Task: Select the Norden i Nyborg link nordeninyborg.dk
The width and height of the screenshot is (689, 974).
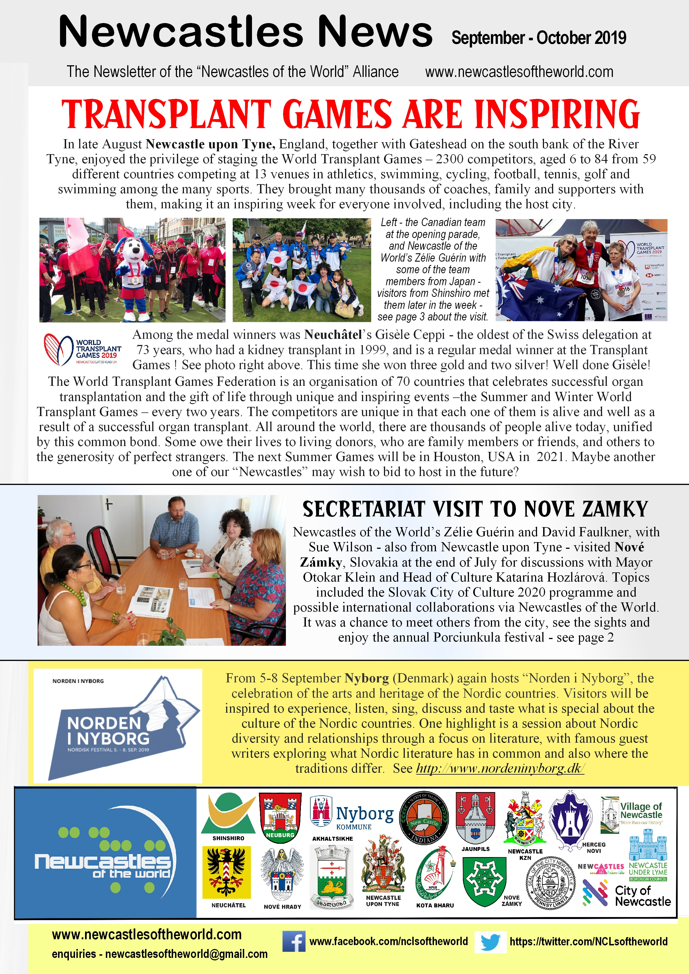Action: click(x=500, y=768)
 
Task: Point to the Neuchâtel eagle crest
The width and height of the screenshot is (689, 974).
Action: click(x=226, y=872)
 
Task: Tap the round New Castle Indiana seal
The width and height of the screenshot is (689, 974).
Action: click(x=424, y=817)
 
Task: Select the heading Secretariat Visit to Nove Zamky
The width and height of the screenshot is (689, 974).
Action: click(x=475, y=509)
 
